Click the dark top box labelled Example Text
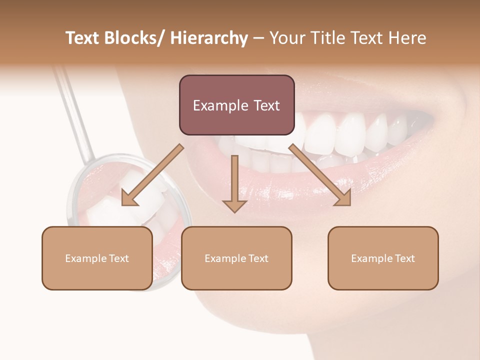[x=236, y=105]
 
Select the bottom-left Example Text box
[x=97, y=258]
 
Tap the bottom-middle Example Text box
[x=236, y=258]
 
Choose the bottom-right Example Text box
[x=383, y=258]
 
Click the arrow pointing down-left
[x=152, y=175]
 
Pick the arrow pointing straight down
[x=234, y=183]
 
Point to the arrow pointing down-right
[x=320, y=174]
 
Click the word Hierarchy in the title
[x=208, y=38]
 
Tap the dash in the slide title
[x=258, y=38]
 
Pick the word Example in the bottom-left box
[x=86, y=258]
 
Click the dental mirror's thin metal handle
[x=75, y=110]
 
